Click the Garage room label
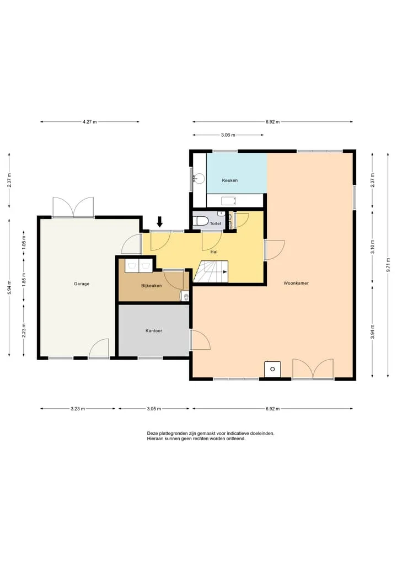point(82,284)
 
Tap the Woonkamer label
point(296,283)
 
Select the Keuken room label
point(229,180)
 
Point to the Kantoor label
point(154,330)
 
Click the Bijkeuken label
point(151,286)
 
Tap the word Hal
point(214,252)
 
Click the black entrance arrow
point(159,222)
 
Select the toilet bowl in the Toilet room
point(201,221)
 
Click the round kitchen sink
point(199,178)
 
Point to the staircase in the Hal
point(211,271)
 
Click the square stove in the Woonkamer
point(272,369)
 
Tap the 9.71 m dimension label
point(388,265)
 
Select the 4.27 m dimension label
point(89,122)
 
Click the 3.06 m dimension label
point(228,135)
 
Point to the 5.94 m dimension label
point(10,287)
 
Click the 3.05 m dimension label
point(154,409)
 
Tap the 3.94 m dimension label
point(373,332)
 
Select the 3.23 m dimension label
point(78,409)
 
